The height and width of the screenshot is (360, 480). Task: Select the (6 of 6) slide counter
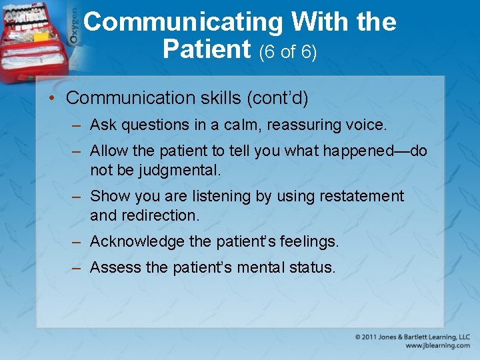click(287, 52)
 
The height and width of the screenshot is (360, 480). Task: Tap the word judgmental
click(179, 171)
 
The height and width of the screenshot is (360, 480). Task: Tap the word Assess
click(115, 267)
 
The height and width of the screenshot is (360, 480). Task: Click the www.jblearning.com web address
click(437, 346)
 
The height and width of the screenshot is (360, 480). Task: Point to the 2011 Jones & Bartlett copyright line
click(412, 337)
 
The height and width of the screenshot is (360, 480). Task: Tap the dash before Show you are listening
click(77, 197)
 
